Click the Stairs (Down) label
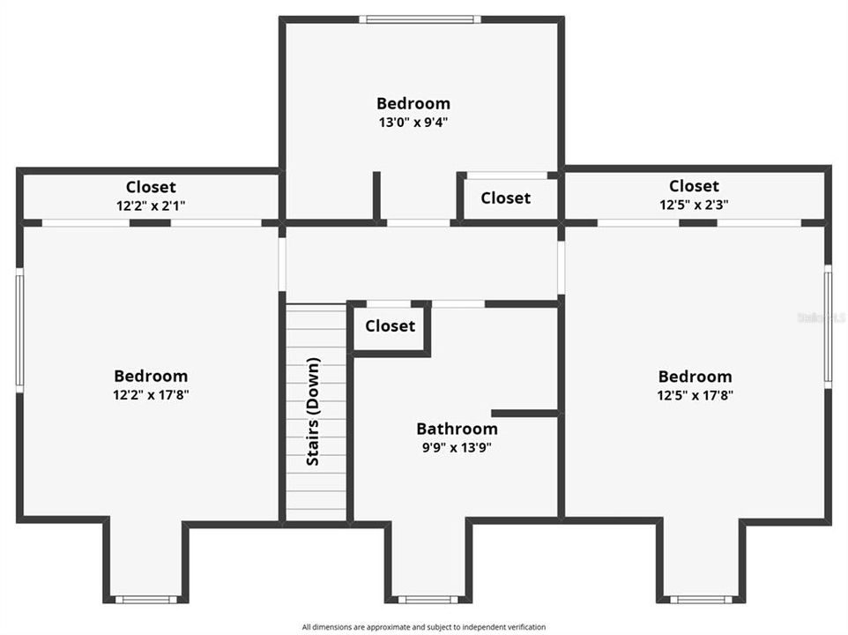[x=313, y=412]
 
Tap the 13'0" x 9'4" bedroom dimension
[x=413, y=123]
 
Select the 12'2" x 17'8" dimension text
[x=151, y=395]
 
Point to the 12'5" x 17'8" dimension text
[x=695, y=396]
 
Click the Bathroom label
[x=457, y=429]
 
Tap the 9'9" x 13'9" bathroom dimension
[x=457, y=447]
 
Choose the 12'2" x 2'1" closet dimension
[x=151, y=205]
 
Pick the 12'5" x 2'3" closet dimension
[x=694, y=205]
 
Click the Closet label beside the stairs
[x=390, y=325]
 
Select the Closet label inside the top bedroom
[x=505, y=198]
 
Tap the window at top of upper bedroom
[x=420, y=19]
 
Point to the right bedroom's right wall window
[x=828, y=326]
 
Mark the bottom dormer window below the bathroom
[x=428, y=600]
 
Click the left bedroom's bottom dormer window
[x=145, y=600]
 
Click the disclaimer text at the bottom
[x=423, y=627]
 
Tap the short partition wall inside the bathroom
[x=524, y=413]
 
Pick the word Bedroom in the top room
[x=413, y=103]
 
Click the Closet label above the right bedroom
[x=694, y=186]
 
